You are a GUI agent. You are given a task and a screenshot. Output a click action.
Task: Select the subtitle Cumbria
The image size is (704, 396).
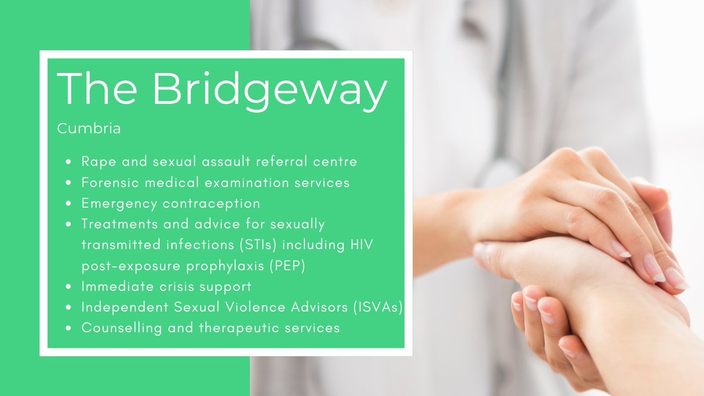pyautogui.click(x=89, y=128)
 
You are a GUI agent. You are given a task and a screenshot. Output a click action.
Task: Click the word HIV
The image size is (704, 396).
pyautogui.click(x=359, y=245)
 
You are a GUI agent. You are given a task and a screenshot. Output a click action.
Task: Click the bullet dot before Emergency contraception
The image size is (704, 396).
pyautogui.click(x=69, y=204)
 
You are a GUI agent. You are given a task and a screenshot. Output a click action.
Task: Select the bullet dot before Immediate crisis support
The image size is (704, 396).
pyautogui.click(x=69, y=287)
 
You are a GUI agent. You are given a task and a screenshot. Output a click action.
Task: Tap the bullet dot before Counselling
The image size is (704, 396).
pyautogui.click(x=69, y=329)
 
